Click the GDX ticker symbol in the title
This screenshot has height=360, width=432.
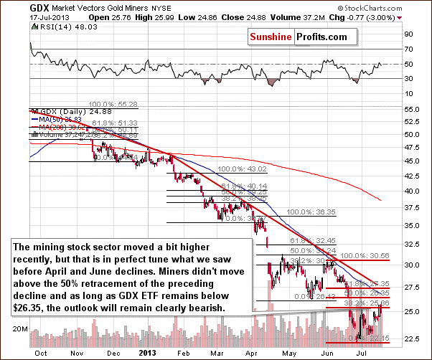point(14,6)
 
